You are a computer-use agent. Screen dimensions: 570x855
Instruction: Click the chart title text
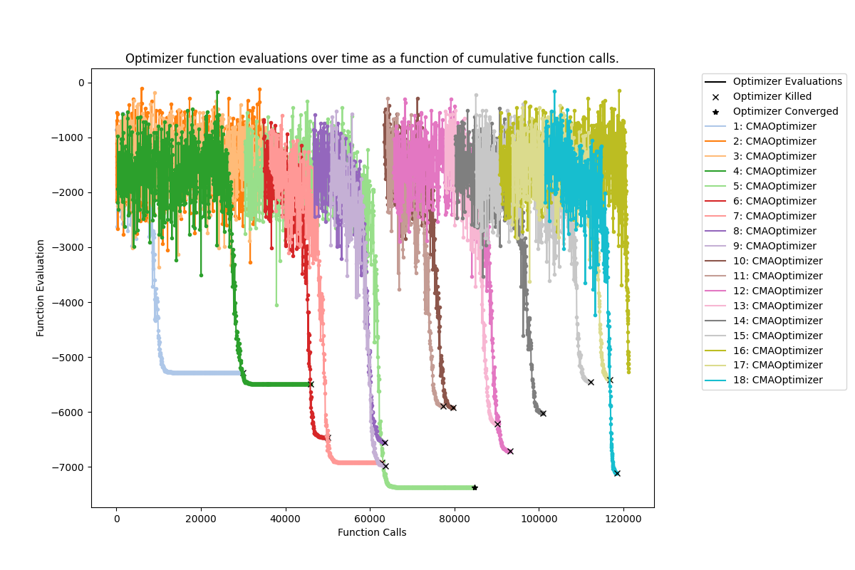click(372, 58)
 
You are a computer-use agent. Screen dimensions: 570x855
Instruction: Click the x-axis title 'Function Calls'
click(372, 532)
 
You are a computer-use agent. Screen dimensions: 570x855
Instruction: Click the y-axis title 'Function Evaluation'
click(41, 288)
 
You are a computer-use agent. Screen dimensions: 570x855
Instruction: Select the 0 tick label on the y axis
click(81, 83)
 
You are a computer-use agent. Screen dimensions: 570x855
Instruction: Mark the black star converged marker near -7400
click(475, 487)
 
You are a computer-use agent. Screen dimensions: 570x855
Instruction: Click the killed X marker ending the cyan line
click(617, 473)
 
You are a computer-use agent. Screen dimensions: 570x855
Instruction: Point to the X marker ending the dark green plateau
click(311, 384)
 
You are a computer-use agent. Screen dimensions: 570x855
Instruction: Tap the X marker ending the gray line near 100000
click(543, 413)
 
